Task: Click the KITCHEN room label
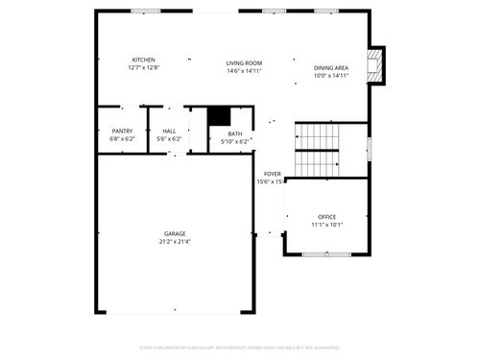pyautogui.click(x=144, y=60)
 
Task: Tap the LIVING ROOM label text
pyautogui.click(x=244, y=63)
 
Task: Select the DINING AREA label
pyautogui.click(x=331, y=68)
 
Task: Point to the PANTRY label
pyautogui.click(x=122, y=132)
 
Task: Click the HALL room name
pyautogui.click(x=169, y=132)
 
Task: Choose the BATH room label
pyautogui.click(x=235, y=134)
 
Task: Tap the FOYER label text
pyautogui.click(x=273, y=174)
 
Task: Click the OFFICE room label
pyautogui.click(x=327, y=218)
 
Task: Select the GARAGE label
pyautogui.click(x=175, y=234)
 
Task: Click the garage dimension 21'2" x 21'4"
pyautogui.click(x=175, y=242)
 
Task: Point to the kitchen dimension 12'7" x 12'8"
pyautogui.click(x=144, y=68)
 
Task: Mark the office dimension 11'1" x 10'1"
pyautogui.click(x=327, y=226)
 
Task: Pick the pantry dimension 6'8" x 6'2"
pyautogui.click(x=122, y=140)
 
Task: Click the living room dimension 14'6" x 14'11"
pyautogui.click(x=244, y=71)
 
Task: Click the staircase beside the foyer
pyautogui.click(x=318, y=150)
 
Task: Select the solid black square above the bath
pyautogui.click(x=220, y=116)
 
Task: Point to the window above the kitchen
pyautogui.click(x=146, y=11)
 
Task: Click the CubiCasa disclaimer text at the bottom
pyautogui.click(x=240, y=347)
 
